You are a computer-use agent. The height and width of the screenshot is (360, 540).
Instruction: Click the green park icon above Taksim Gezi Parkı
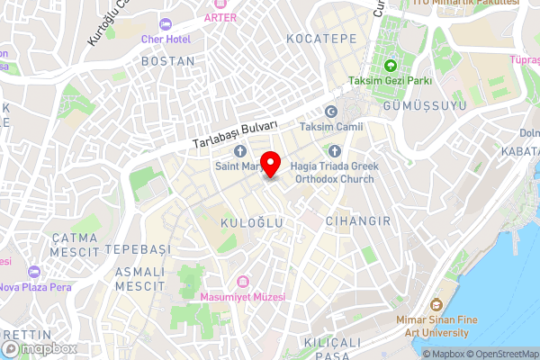391,66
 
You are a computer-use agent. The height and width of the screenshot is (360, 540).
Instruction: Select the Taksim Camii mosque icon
330,112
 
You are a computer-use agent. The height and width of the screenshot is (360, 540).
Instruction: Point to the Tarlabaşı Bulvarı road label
234,135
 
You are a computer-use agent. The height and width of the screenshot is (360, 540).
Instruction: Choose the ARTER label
220,17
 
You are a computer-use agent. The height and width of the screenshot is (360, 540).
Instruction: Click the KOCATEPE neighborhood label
321,39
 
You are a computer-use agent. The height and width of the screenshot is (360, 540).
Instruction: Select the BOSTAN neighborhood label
167,61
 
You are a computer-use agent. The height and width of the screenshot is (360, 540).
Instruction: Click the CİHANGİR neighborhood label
357,220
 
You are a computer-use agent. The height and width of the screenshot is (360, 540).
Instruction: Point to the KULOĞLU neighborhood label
252,221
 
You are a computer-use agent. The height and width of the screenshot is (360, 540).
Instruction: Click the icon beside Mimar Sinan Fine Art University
436,304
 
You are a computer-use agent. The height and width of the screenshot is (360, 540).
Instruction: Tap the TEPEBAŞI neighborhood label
137,247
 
